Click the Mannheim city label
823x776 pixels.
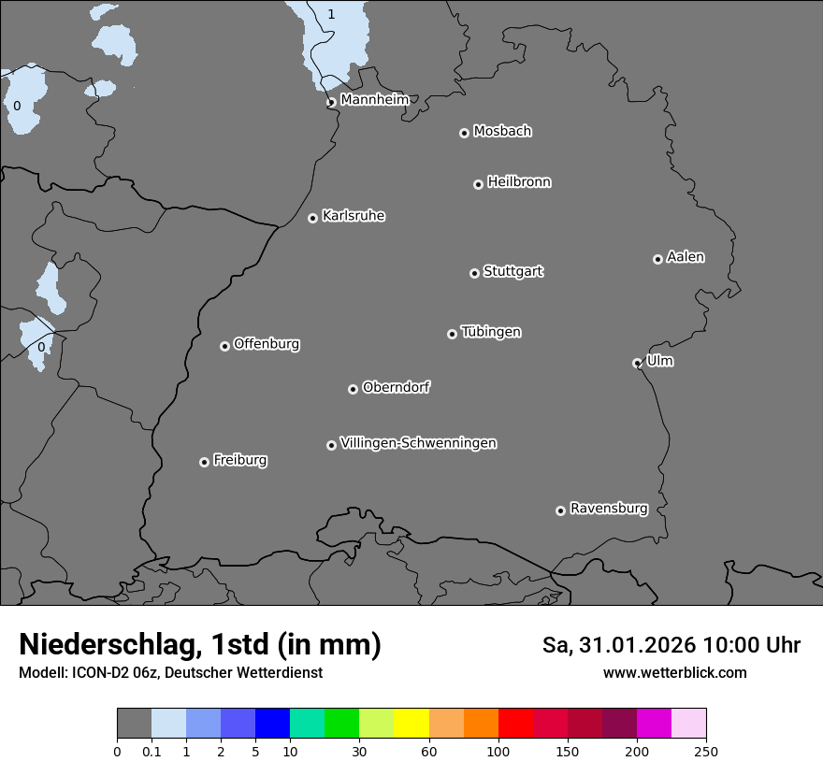[x=374, y=100]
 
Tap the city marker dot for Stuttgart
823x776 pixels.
[x=474, y=273]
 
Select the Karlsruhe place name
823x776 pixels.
[x=354, y=216]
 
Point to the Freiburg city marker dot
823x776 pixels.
[x=204, y=462]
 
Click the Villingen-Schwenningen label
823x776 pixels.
[x=418, y=443]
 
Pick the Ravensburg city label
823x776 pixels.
[x=609, y=509]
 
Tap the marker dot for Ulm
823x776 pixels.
[x=637, y=363]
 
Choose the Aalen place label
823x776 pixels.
[x=686, y=257]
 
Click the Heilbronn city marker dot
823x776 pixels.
[x=478, y=184]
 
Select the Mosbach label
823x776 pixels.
[x=502, y=132]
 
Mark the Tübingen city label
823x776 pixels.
[x=491, y=332]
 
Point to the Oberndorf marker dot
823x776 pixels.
[x=353, y=389]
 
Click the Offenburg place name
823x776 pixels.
[x=267, y=344]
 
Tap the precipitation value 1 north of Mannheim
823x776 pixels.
[x=331, y=14]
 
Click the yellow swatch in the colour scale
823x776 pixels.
[x=411, y=724]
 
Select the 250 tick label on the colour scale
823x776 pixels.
[x=706, y=751]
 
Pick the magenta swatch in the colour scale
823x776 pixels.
[x=654, y=724]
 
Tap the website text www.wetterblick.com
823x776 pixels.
[x=674, y=673]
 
